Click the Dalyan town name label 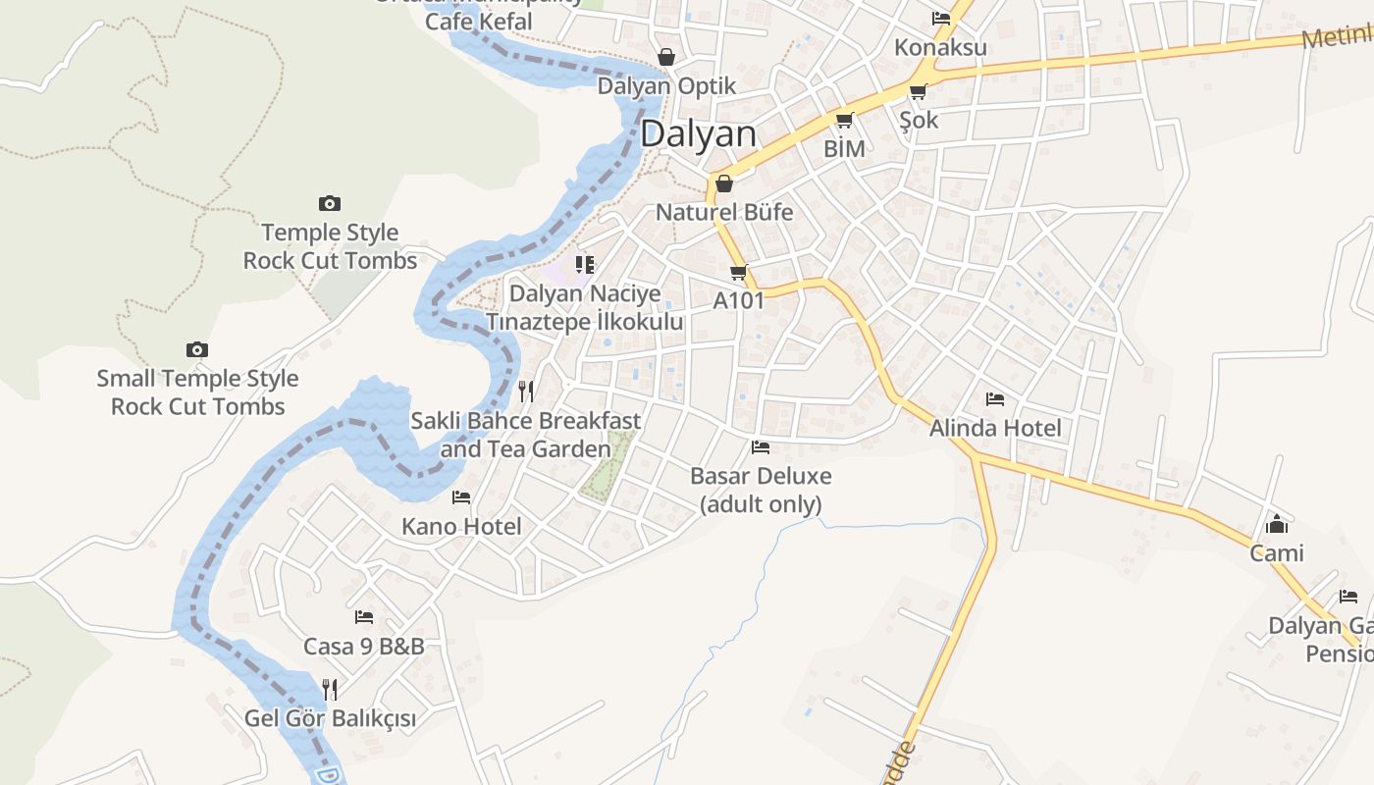pyautogui.click(x=698, y=134)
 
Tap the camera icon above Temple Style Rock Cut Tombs pyautogui.click(x=330, y=203)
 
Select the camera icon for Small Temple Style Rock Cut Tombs pyautogui.click(x=197, y=349)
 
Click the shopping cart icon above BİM pyautogui.click(x=844, y=120)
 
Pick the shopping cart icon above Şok pyautogui.click(x=918, y=91)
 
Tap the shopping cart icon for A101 pyautogui.click(x=738, y=272)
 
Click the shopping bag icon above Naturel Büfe pyautogui.click(x=724, y=183)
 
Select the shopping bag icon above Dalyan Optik pyautogui.click(x=666, y=57)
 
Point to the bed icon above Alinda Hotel pyautogui.click(x=995, y=399)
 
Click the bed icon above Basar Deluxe pyautogui.click(x=761, y=447)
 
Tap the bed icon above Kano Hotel pyautogui.click(x=461, y=497)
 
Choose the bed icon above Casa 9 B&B pyautogui.click(x=364, y=617)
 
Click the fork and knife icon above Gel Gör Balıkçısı pyautogui.click(x=330, y=690)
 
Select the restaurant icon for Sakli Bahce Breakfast pyautogui.click(x=526, y=392)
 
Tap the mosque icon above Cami pyautogui.click(x=1277, y=524)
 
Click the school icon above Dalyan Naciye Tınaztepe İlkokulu pyautogui.click(x=585, y=264)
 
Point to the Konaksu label pyautogui.click(x=940, y=47)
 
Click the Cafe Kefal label pyautogui.click(x=479, y=21)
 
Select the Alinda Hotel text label pyautogui.click(x=995, y=428)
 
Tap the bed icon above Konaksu pyautogui.click(x=940, y=18)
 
